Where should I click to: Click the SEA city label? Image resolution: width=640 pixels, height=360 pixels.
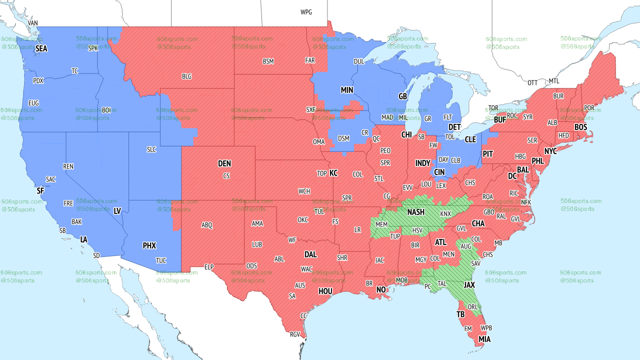pos(41,49)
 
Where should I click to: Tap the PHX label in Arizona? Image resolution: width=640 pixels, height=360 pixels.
pos(149,246)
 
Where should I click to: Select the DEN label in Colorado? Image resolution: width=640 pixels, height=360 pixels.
pos(224,163)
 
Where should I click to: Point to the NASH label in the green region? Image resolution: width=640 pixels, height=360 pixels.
pos(415,212)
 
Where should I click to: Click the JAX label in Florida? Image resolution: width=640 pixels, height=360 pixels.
pos(469,284)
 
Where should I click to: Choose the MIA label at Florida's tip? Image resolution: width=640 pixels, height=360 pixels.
pos(484,339)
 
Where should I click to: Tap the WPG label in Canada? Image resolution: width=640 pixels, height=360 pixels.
pos(306,12)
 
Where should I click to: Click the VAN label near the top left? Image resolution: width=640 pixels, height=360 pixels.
pos(33,23)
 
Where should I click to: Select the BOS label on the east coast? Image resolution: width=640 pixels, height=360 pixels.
pos(580,127)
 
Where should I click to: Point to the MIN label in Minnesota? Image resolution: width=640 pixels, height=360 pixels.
pos(347,90)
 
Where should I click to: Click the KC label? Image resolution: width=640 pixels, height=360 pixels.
pos(333,173)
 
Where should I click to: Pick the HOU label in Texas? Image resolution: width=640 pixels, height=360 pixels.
pos(325,291)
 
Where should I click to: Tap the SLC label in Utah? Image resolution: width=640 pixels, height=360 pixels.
pos(151,149)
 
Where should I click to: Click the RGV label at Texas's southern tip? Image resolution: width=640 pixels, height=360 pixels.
pos(295,334)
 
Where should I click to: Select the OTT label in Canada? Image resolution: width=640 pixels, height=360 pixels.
pos(532,82)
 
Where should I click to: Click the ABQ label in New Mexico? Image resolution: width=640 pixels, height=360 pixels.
pos(207,225)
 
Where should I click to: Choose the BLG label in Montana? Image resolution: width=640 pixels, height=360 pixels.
pos(186,76)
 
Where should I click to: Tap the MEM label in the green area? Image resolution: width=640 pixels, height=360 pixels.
pos(381,224)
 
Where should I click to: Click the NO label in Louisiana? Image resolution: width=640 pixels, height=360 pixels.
pos(381,290)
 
